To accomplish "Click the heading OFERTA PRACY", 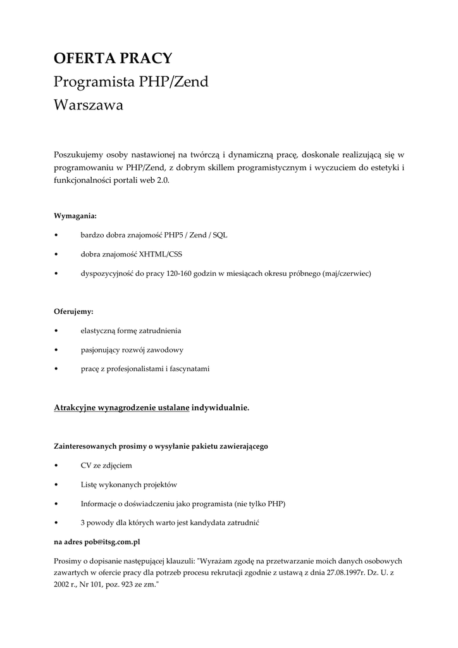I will pyautogui.click(x=113, y=59).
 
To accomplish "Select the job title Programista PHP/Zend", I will pyautogui.click(x=131, y=82).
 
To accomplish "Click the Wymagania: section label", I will pyautogui.click(x=75, y=216).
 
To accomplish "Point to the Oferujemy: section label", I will pyautogui.click(x=73, y=312).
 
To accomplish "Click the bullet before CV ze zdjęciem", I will pyautogui.click(x=57, y=466).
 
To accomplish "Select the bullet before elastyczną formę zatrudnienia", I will pyautogui.click(x=57, y=331).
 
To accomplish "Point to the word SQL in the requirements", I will pyautogui.click(x=220, y=235).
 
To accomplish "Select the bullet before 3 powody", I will pyautogui.click(x=57, y=523).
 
